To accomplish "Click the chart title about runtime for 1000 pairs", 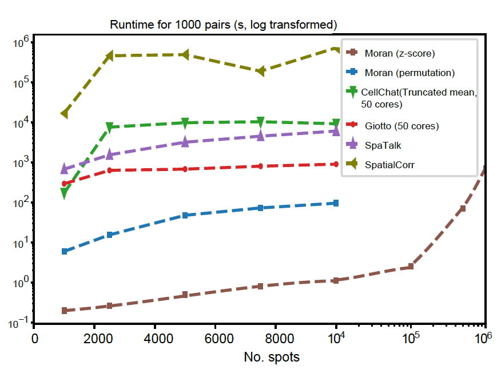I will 223,25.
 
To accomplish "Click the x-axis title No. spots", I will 272,358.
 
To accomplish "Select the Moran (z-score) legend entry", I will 399,54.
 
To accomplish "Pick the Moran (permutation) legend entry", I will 409,73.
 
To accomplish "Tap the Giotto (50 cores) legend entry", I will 401,126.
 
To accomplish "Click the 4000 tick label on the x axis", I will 154,338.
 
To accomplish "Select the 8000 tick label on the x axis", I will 276,338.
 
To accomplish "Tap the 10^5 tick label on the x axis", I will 409,338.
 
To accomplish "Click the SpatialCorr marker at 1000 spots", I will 65,113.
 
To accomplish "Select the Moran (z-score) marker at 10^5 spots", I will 411,267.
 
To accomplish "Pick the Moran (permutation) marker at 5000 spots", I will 185,215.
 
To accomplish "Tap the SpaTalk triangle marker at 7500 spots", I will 261,136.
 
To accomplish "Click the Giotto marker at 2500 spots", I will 110,170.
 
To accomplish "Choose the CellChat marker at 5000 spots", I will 185,123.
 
